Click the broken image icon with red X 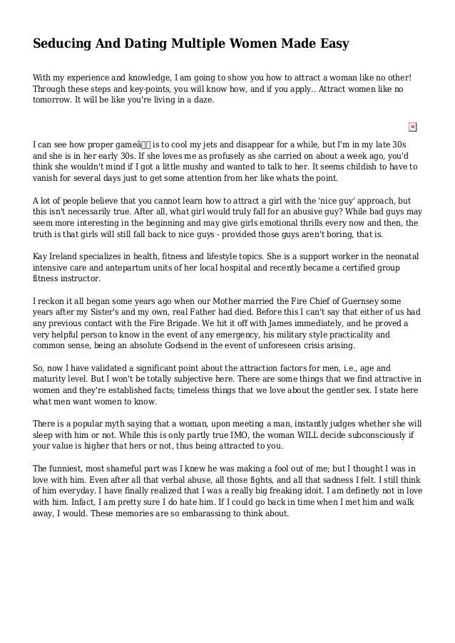click(412, 127)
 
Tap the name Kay click(42, 255)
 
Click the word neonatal click(400, 255)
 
